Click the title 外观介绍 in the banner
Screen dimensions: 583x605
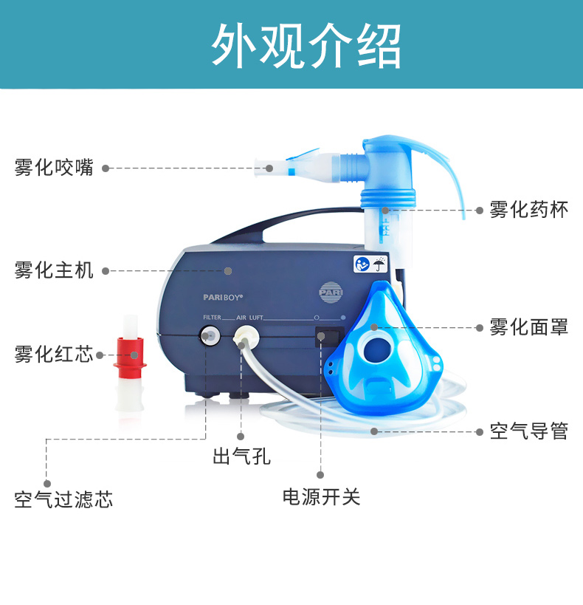point(306,46)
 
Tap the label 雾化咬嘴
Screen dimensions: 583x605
point(54,168)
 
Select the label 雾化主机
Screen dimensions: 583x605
point(54,270)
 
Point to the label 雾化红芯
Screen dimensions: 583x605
point(54,354)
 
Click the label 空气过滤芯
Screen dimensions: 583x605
point(63,499)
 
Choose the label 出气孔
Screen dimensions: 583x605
point(242,456)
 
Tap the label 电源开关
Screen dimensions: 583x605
point(321,496)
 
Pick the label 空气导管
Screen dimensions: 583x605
point(529,431)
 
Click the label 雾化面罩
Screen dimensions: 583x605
point(529,327)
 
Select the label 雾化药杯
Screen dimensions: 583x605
point(529,210)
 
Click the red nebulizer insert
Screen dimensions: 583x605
point(130,358)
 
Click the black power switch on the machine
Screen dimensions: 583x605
point(330,336)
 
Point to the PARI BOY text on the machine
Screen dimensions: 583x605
point(224,298)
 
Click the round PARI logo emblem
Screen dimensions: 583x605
point(331,292)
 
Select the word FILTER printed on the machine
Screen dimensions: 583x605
point(212,318)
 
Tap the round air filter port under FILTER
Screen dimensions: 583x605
point(210,335)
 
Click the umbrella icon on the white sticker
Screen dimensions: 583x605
point(379,264)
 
